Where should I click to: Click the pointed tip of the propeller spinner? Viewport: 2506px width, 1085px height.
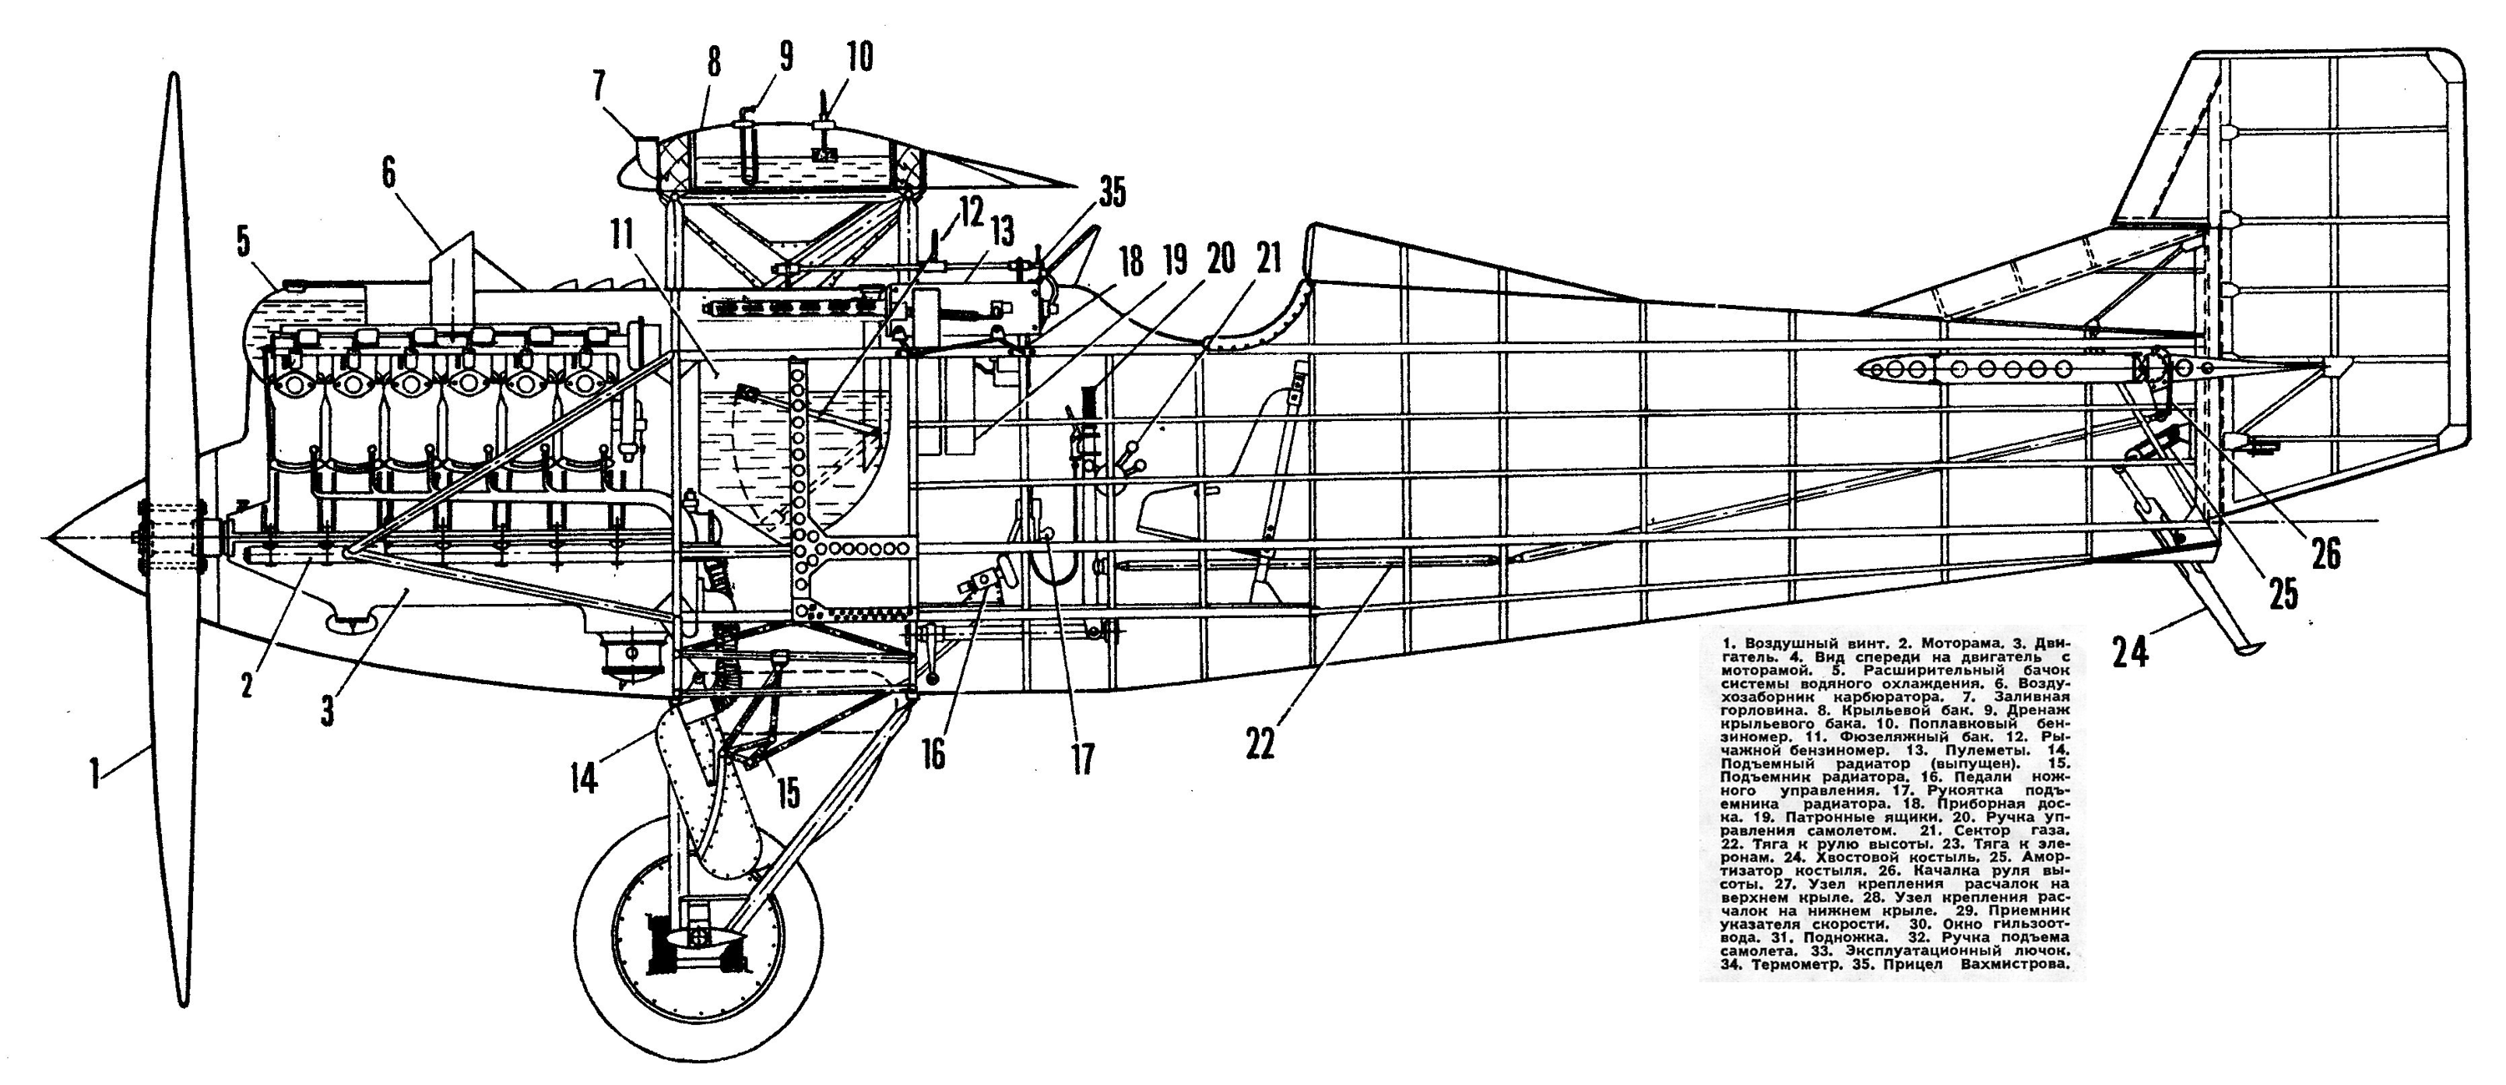[47, 536]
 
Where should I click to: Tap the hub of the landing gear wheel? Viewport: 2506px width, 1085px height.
[698, 936]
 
